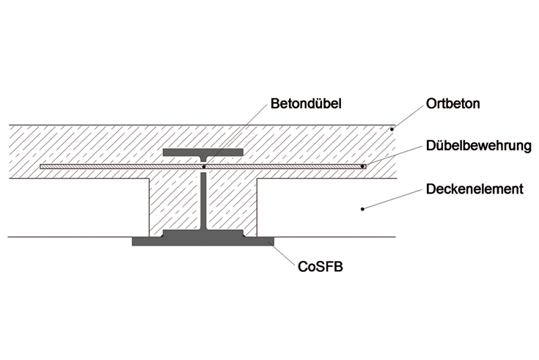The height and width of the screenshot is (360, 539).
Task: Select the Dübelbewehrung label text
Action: coord(478,147)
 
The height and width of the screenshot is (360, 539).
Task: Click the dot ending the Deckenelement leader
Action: coord(364,210)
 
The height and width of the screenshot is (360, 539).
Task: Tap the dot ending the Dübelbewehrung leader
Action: coord(362,166)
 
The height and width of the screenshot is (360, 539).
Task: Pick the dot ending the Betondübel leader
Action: coord(203,167)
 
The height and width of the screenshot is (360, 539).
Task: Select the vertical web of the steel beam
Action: coord(202,202)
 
